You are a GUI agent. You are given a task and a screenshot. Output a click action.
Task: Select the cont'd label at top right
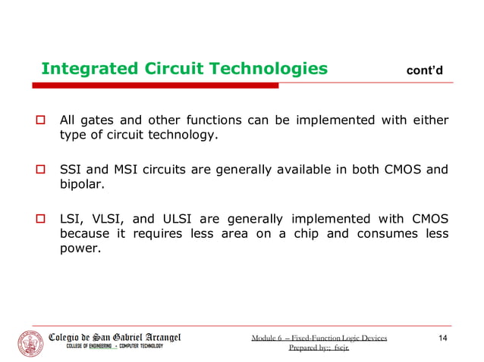426,71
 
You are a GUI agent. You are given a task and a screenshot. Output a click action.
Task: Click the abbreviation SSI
71,170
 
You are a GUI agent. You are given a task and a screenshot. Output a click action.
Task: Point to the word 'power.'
79,247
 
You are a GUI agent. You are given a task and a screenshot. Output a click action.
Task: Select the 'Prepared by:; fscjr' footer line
319,348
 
